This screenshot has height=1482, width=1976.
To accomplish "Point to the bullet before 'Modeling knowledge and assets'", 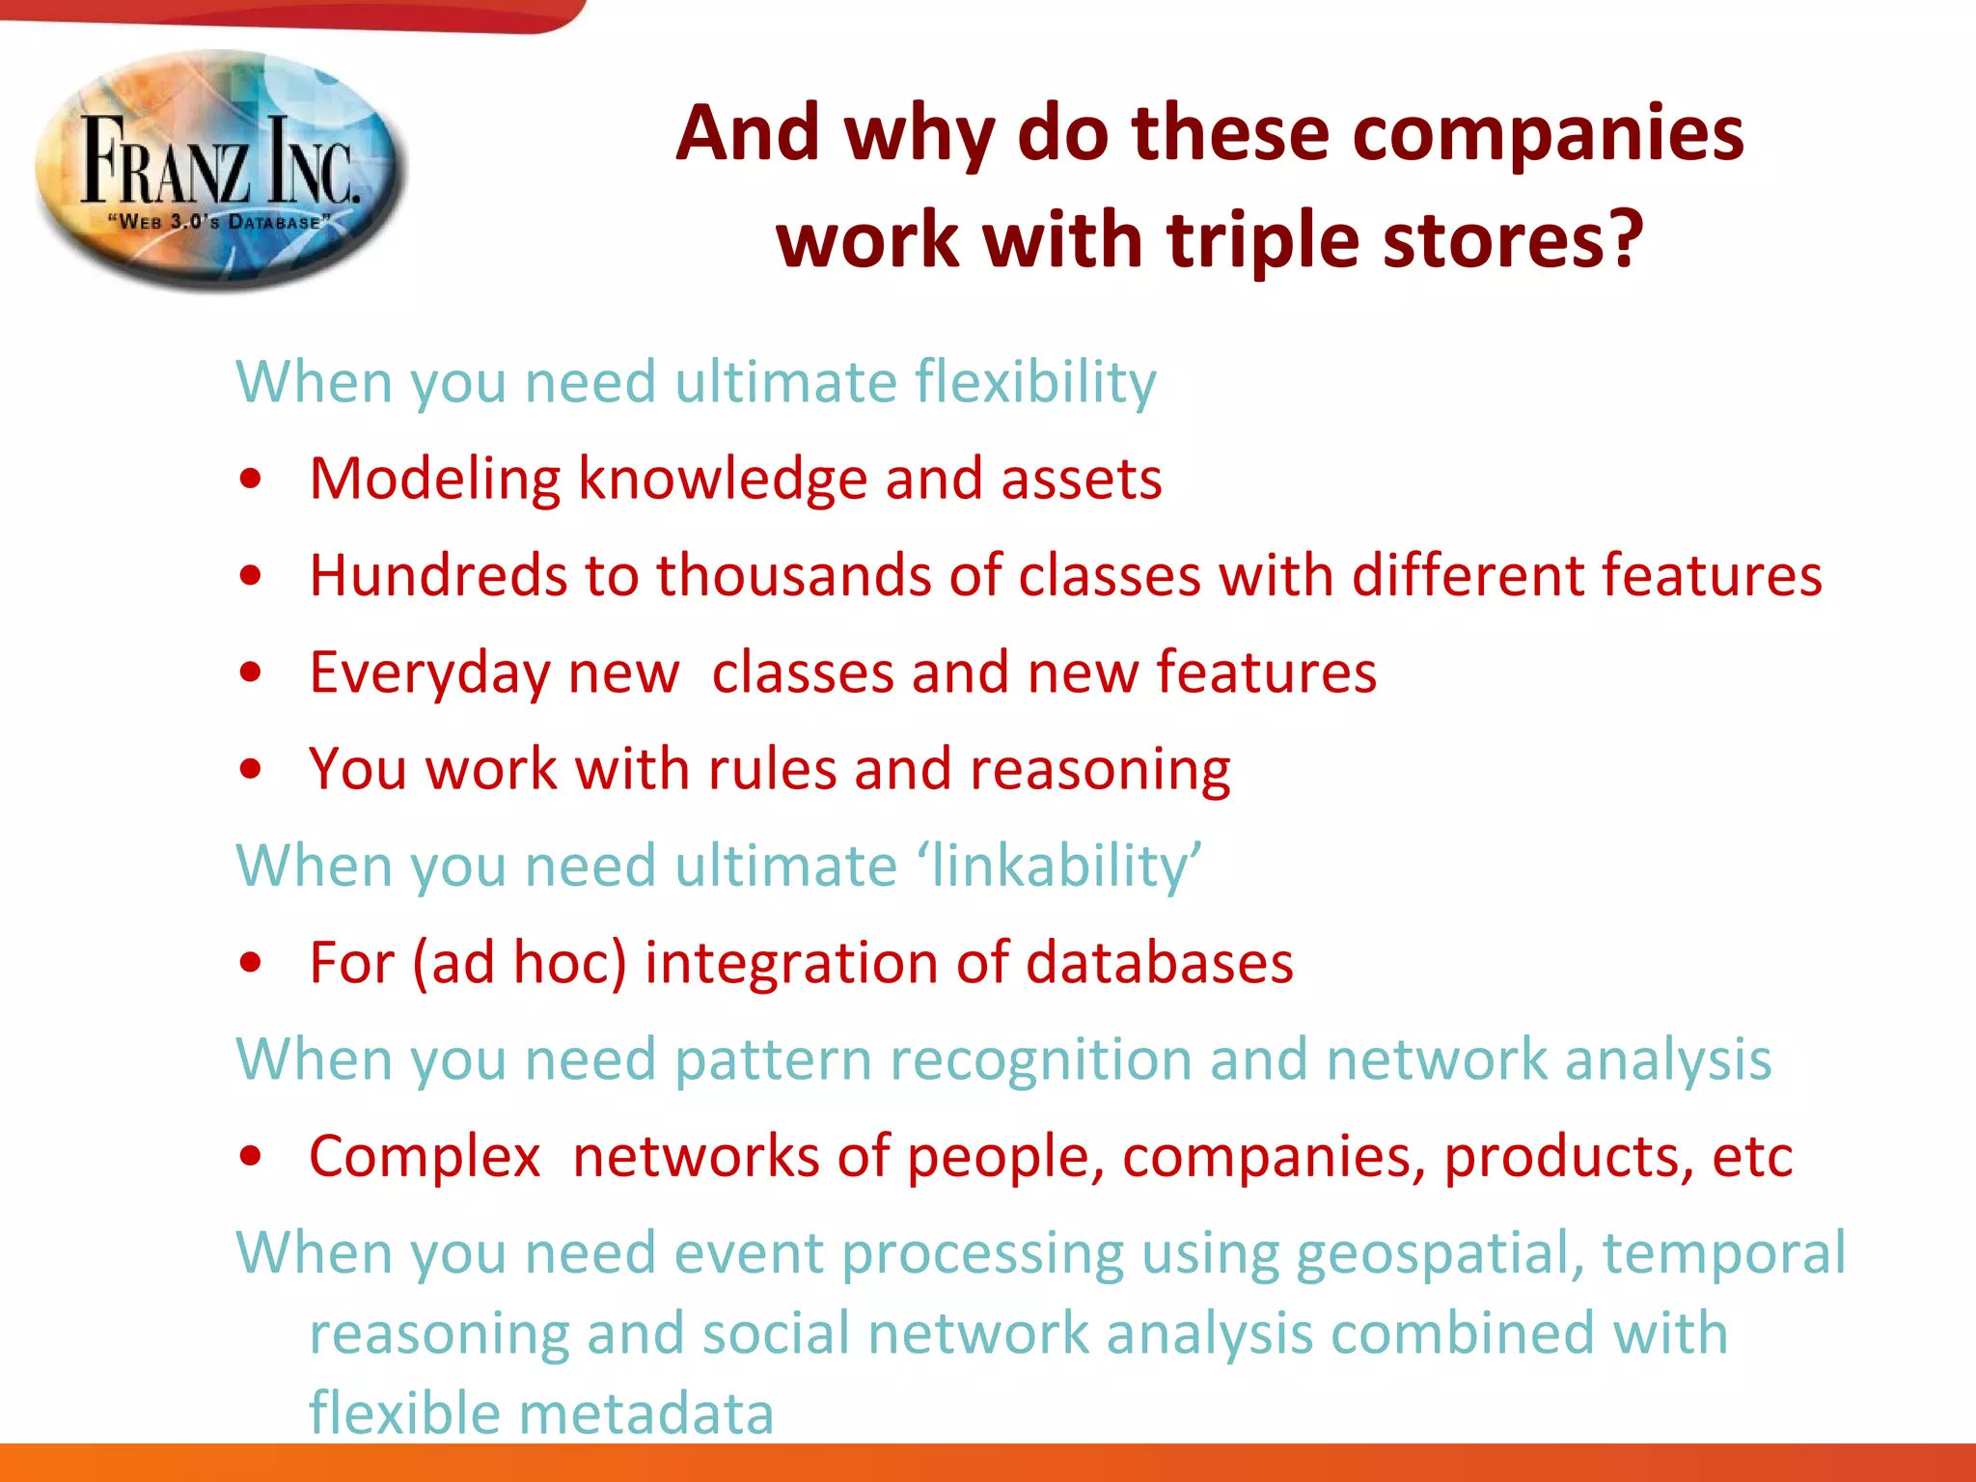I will tap(251, 479).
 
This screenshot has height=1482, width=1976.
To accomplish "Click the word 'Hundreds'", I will tap(438, 575).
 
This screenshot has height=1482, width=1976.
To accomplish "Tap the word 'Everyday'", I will tap(429, 672).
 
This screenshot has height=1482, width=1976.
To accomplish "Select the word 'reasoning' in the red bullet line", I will tap(1100, 770).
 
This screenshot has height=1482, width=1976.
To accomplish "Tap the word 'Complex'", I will tap(425, 1156).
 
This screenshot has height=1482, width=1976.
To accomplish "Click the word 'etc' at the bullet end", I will tap(1752, 1156).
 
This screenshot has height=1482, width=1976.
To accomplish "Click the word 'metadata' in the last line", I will tap(646, 1413).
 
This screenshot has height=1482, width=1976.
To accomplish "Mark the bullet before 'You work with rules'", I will tap(251, 769).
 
